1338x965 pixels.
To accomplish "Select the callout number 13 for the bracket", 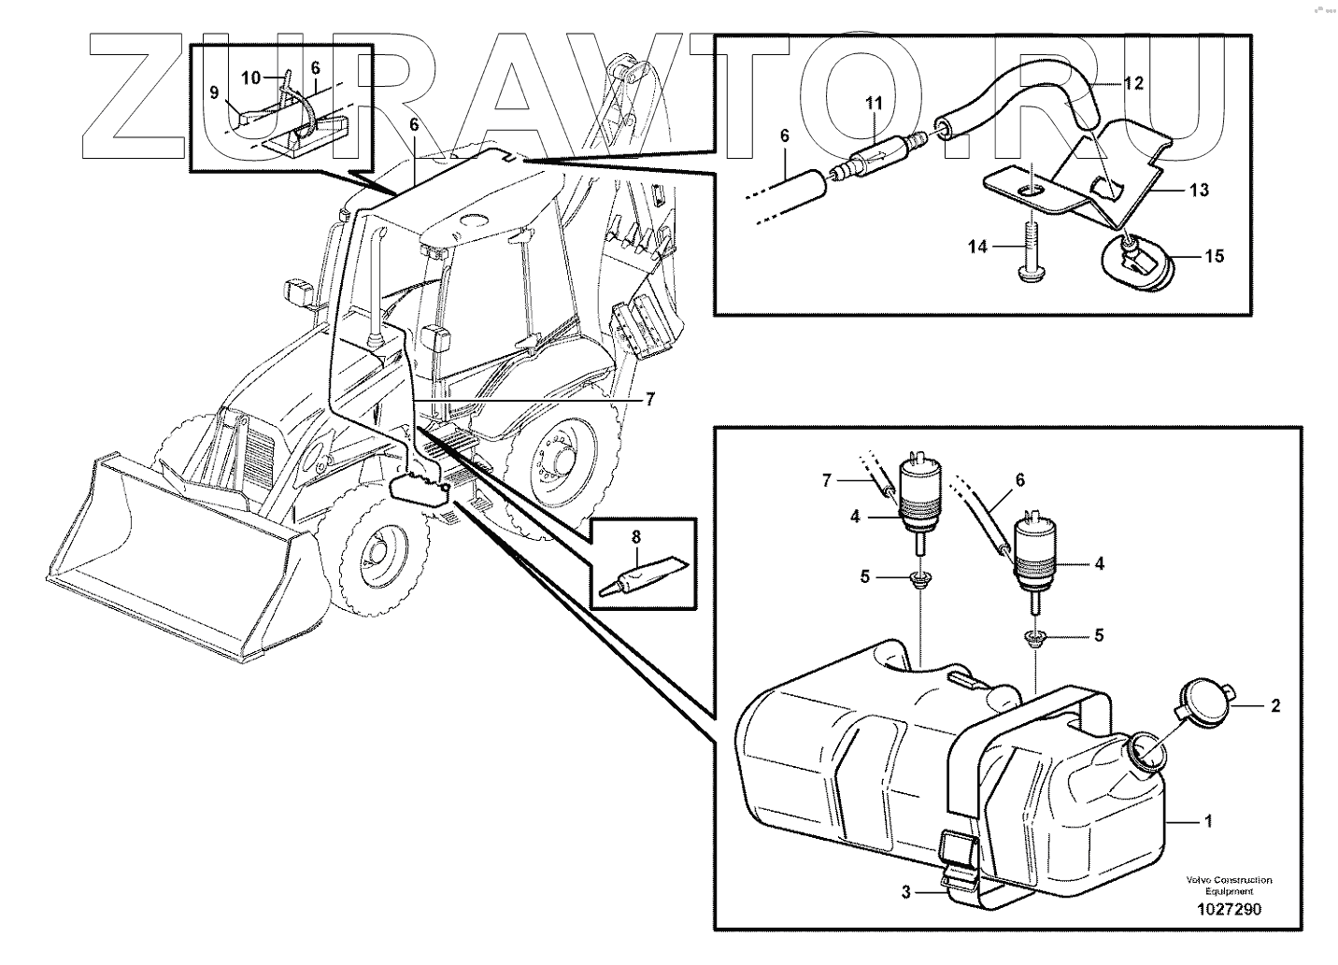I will (1200, 191).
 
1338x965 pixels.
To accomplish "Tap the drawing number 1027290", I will (1229, 910).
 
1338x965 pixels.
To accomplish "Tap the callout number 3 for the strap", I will (905, 892).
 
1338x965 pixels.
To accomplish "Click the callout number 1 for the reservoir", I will (1208, 822).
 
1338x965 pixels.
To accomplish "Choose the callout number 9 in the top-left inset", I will (214, 92).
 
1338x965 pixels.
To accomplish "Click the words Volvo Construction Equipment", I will (1229, 886).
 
